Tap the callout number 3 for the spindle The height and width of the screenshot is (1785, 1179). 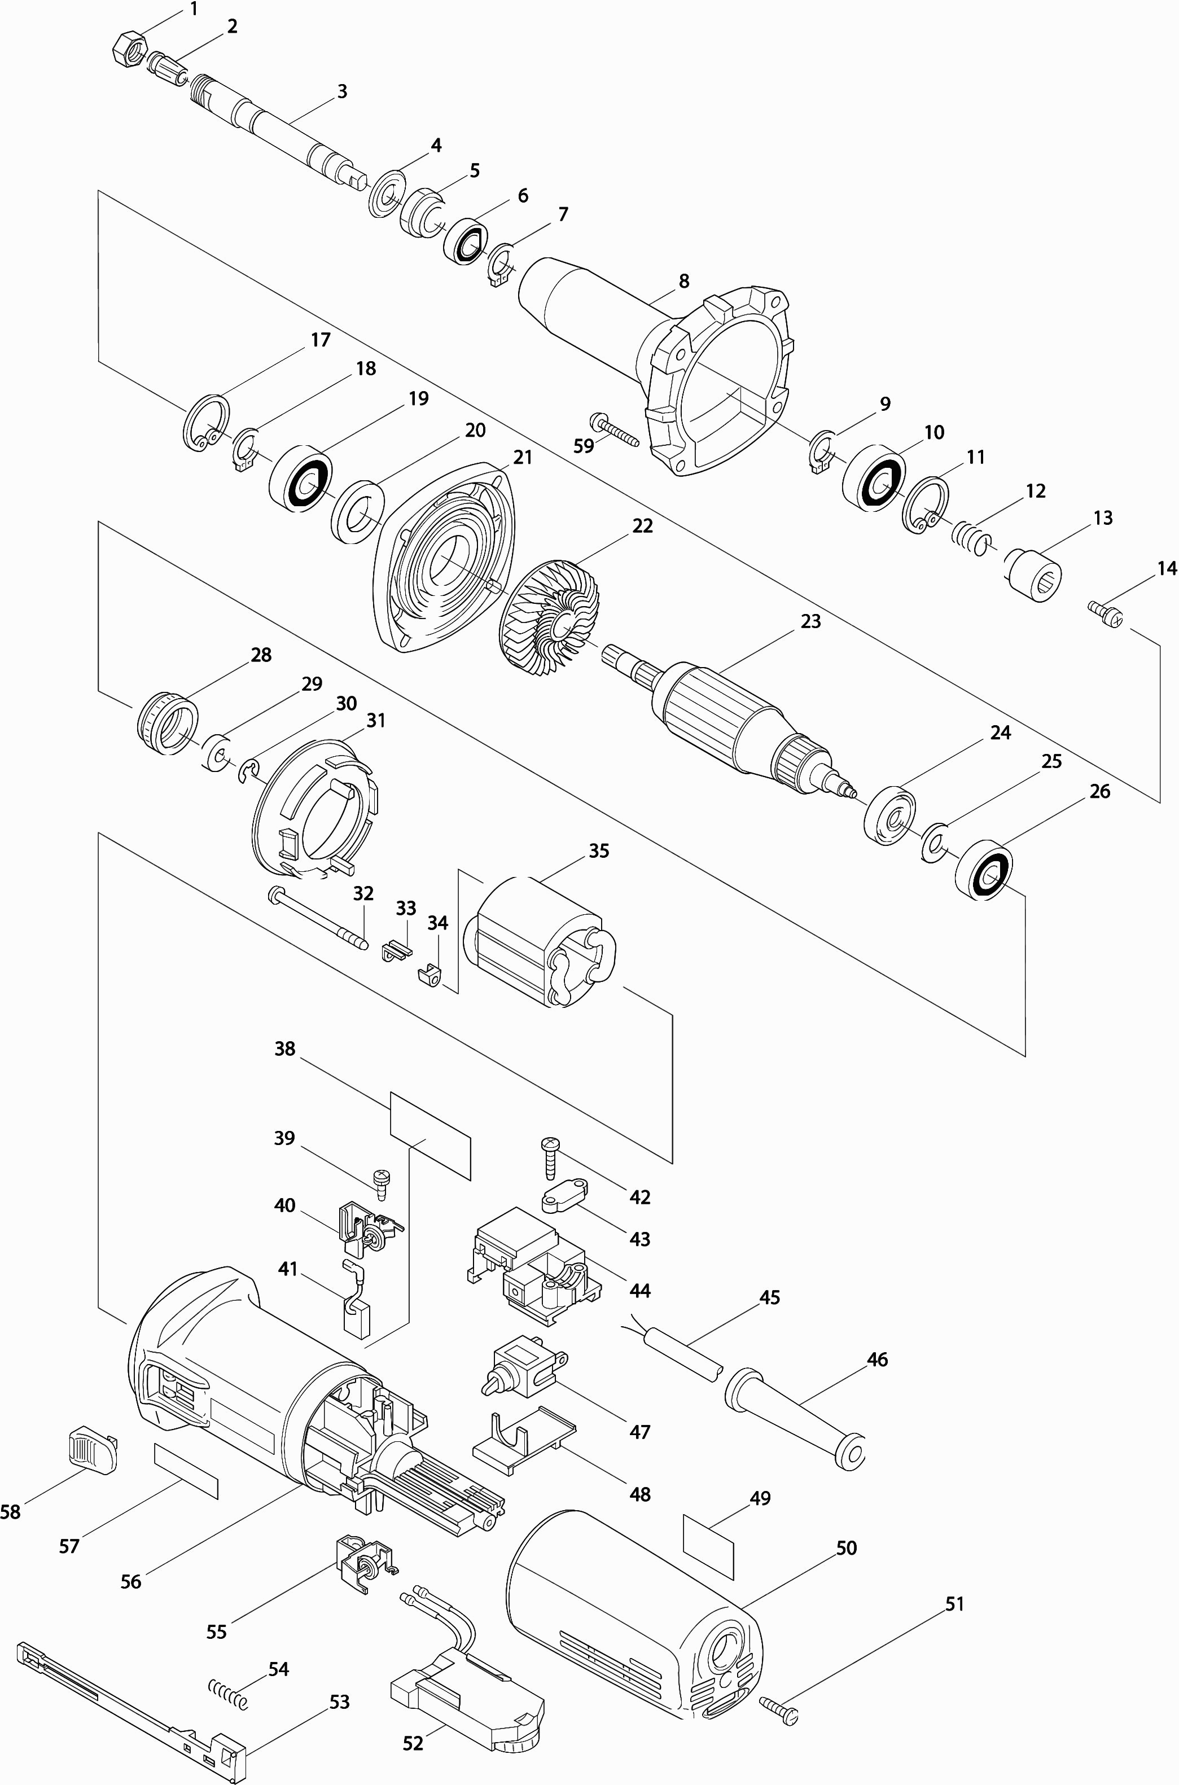[342, 92]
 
